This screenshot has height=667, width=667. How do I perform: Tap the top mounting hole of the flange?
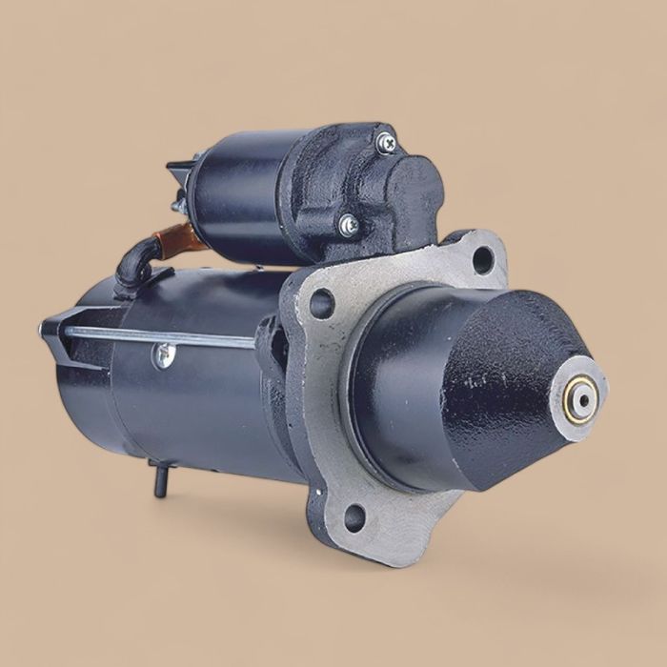click(x=482, y=259)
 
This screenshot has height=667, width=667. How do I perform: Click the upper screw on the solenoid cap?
click(x=386, y=143)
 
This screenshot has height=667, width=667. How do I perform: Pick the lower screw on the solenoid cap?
click(x=349, y=226)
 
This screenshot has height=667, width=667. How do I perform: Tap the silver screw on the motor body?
click(x=164, y=354)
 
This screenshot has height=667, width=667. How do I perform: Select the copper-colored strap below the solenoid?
click(x=180, y=239)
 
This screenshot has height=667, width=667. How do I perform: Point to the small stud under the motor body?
click(x=159, y=479)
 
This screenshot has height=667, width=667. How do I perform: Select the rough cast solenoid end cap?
click(x=381, y=191)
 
